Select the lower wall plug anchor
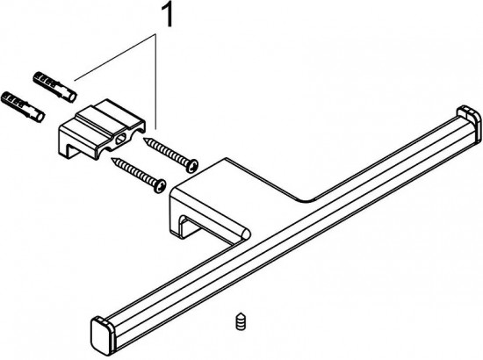23,106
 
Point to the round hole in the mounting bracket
119,140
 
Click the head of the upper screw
191,165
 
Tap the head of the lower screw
159,186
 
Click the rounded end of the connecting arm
246,234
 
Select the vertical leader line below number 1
155,82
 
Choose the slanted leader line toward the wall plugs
114,58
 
